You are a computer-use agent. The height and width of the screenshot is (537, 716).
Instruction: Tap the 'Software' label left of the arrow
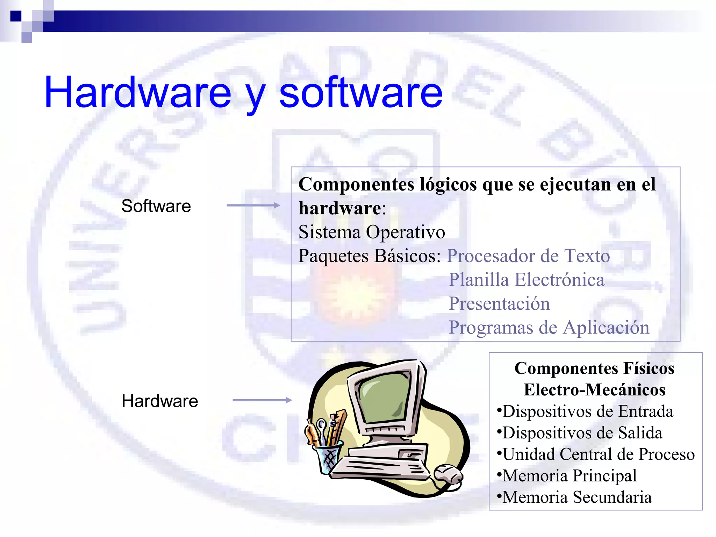[156, 206]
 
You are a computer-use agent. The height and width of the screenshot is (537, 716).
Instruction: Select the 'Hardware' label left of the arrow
[160, 401]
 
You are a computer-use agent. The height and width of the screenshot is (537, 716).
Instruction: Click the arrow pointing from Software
[253, 205]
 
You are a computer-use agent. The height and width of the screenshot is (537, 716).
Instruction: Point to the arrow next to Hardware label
[262, 400]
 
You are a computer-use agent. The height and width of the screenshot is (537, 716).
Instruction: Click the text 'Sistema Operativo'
[372, 232]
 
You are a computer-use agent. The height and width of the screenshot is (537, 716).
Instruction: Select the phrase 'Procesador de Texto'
[528, 256]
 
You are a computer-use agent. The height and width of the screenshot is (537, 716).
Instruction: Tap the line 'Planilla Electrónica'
[526, 280]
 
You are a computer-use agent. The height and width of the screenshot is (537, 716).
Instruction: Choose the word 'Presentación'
[499, 303]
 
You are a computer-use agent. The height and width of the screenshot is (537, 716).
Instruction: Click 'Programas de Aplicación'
[549, 328]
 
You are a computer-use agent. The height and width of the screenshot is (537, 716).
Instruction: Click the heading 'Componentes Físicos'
[594, 368]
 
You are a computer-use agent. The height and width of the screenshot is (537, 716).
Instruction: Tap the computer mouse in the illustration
[448, 474]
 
